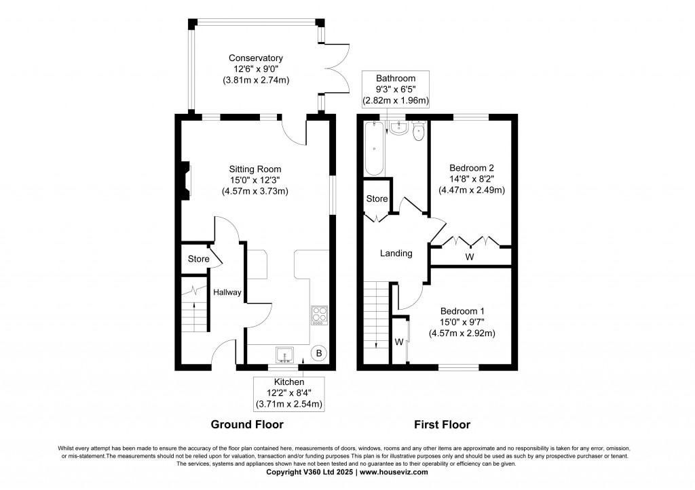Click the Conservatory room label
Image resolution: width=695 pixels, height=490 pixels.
[256, 58]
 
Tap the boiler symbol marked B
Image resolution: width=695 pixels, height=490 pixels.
[319, 354]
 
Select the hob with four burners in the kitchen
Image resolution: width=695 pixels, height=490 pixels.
[319, 316]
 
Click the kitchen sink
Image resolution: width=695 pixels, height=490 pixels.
[284, 355]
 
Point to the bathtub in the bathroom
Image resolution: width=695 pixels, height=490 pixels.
[375, 148]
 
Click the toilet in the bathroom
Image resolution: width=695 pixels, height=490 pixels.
[418, 131]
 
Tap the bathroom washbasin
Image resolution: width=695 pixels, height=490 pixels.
[398, 127]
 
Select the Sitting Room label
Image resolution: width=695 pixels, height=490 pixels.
[255, 169]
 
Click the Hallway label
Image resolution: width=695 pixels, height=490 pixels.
[227, 292]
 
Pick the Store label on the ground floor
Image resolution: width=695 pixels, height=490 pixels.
[199, 259]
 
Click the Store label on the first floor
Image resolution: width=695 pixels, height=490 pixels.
[377, 199]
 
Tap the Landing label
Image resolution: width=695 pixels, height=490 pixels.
[396, 253]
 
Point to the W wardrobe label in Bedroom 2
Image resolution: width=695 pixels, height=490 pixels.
[470, 257]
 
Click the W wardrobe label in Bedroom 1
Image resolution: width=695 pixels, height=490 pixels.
[399, 342]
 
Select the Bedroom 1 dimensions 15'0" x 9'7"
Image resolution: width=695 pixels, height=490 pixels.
[462, 322]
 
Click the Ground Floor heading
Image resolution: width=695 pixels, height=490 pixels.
[247, 424]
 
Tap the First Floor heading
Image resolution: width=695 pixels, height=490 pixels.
[442, 424]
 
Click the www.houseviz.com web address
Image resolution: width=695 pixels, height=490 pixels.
[394, 472]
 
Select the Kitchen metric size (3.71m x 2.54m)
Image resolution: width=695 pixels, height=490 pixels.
[289, 404]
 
